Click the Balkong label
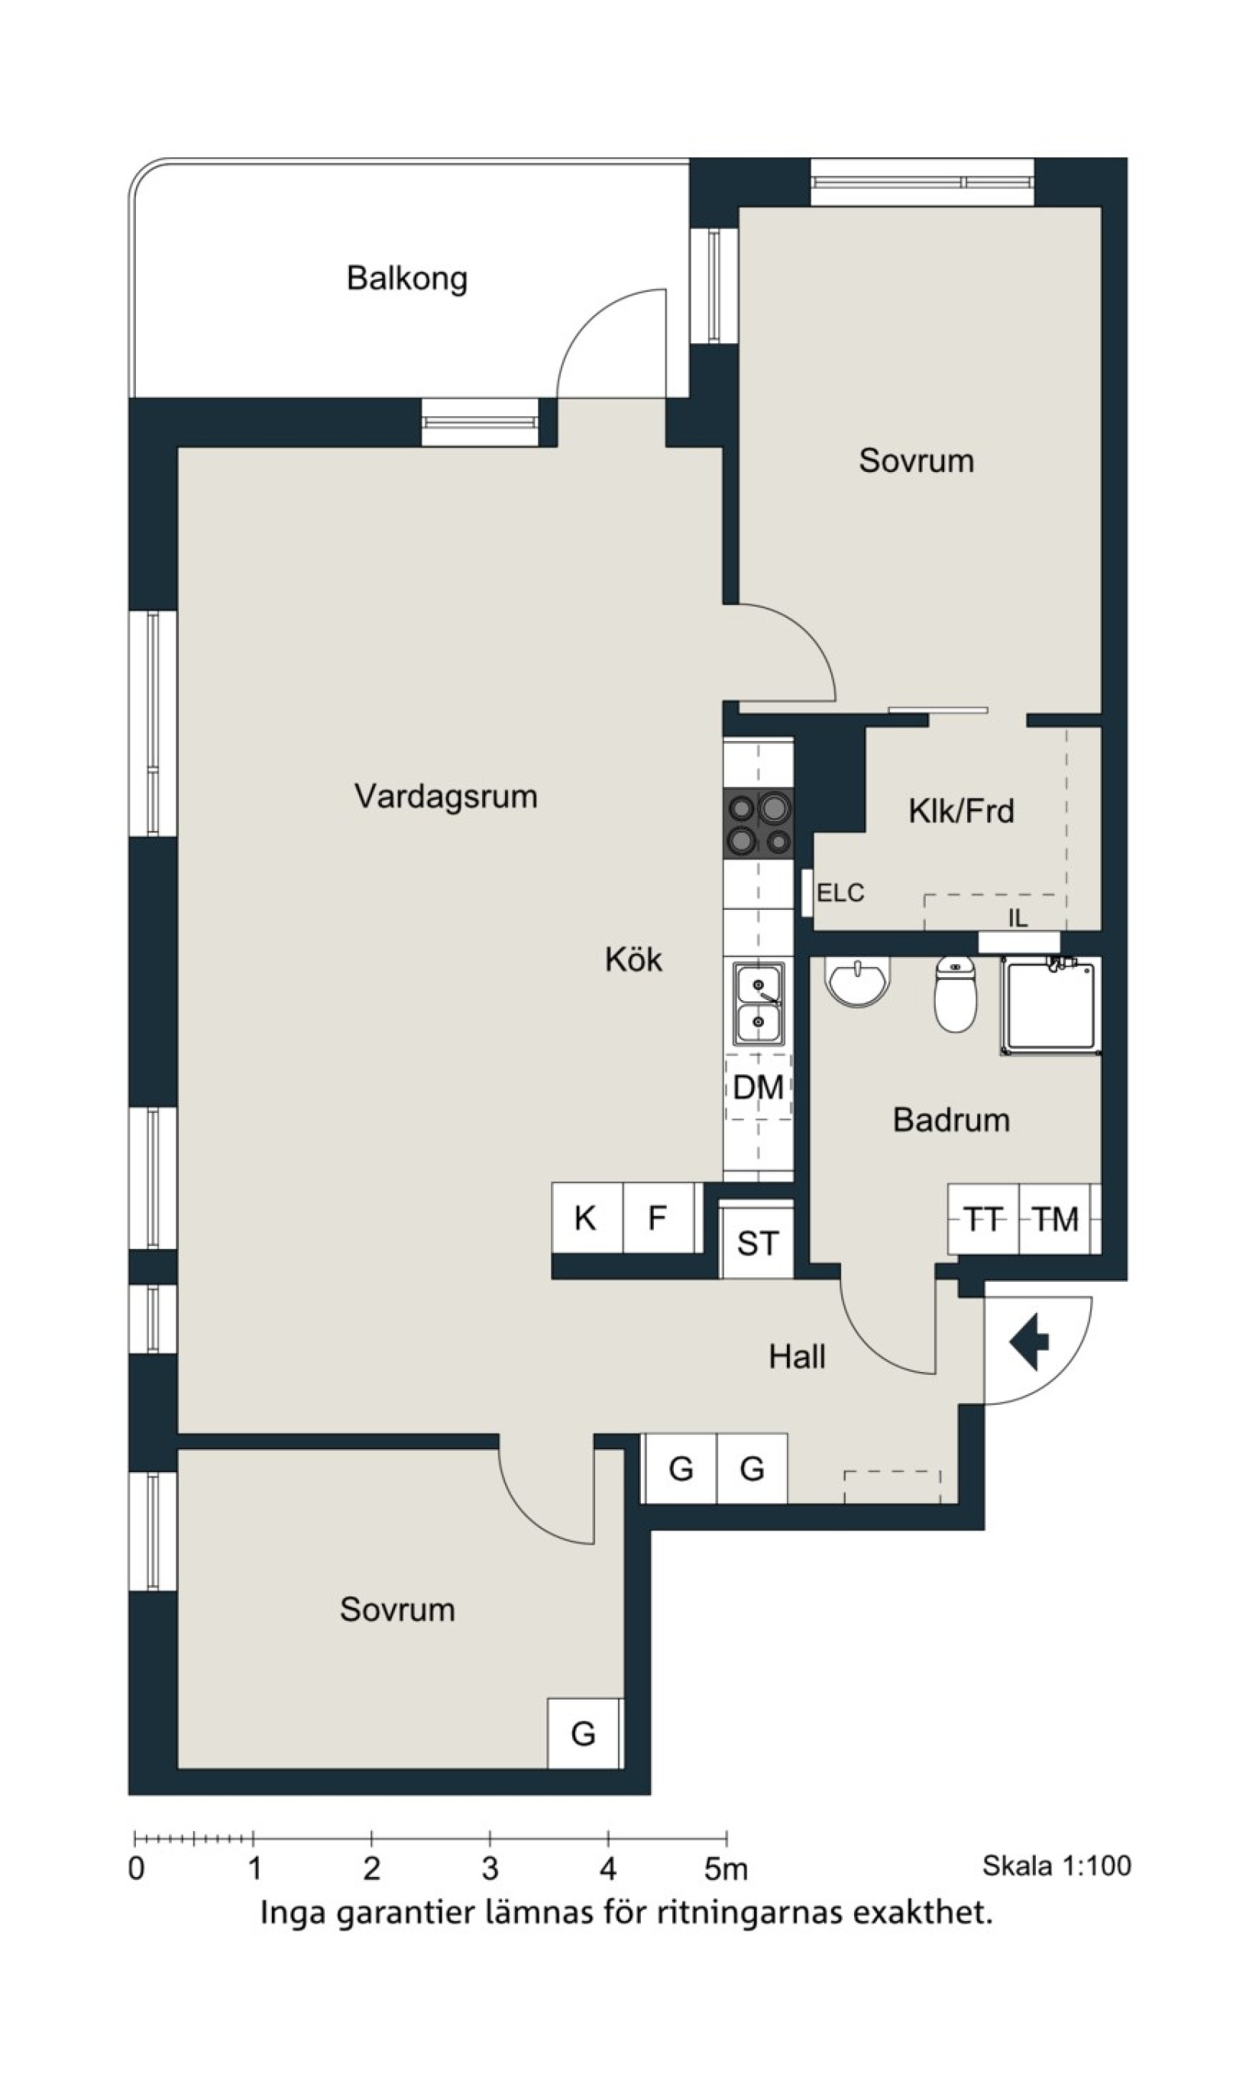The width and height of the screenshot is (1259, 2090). tap(407, 279)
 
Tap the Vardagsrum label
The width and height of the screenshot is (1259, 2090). tap(446, 797)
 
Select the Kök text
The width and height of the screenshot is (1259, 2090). tap(634, 960)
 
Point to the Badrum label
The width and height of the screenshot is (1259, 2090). tap(951, 1121)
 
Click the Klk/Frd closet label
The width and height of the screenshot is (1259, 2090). tap(961, 812)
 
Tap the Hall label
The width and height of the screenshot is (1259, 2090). tap(798, 1357)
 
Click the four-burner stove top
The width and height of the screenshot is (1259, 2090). tap(759, 822)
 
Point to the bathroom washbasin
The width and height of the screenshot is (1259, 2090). tap(858, 982)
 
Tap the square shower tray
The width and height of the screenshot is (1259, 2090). tap(1050, 1006)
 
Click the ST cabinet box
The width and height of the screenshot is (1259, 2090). tap(757, 1243)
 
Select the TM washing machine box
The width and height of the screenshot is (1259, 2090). tap(1054, 1220)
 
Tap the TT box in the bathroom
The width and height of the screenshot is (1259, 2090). tap(983, 1220)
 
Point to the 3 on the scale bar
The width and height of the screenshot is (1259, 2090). tap(490, 1868)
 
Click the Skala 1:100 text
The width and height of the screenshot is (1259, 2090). tap(1057, 1866)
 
